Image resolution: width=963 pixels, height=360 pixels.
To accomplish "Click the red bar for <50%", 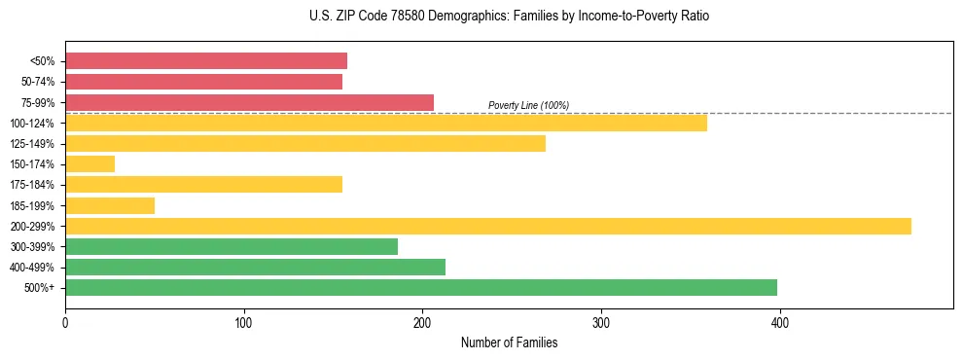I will (206, 61).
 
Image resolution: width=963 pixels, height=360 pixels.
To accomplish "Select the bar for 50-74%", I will (203, 82).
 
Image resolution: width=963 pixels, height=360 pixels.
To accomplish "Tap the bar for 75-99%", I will (249, 102).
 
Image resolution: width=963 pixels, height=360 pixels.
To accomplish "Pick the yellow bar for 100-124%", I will (386, 123).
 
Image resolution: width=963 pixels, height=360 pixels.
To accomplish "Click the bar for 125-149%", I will (305, 143).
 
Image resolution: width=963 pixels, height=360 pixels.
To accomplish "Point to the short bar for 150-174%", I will (89, 164).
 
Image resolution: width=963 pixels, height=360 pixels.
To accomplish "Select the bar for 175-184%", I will (203, 185).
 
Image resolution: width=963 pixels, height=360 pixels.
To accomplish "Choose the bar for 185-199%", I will (110, 205).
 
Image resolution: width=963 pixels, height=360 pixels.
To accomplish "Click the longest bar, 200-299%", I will (488, 226).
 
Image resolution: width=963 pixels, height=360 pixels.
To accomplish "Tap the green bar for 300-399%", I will (232, 246).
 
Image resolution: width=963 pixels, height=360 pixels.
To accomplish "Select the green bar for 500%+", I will (421, 287).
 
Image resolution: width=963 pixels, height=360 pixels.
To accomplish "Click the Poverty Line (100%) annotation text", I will (528, 105).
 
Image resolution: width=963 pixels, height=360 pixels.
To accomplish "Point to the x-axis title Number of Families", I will (509, 342).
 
